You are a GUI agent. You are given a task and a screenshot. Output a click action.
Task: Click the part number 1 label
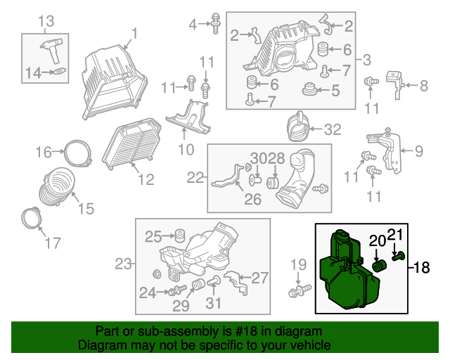point(134,34)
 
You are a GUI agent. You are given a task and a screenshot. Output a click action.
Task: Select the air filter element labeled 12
point(131,143)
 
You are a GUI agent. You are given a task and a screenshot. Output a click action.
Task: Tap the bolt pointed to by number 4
point(216,23)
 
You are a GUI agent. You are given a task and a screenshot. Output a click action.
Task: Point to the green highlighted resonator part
point(349,270)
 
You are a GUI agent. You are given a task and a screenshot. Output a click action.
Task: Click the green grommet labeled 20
point(379,266)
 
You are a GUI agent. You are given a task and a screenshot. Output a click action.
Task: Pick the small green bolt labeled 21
point(399,256)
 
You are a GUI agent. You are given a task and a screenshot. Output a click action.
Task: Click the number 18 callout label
point(421,268)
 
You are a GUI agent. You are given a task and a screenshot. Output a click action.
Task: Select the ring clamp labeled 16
point(77,153)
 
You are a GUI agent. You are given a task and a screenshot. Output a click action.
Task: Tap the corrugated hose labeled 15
point(57,186)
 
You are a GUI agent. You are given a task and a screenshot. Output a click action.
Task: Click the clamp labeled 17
point(32,219)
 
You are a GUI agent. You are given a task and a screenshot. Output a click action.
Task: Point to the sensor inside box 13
point(51,49)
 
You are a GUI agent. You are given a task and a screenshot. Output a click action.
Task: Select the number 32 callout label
point(333,129)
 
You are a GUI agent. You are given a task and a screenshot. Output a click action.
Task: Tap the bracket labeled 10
point(188,117)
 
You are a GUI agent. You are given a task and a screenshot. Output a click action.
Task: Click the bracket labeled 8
point(395,84)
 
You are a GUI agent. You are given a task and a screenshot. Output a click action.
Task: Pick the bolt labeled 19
point(300,290)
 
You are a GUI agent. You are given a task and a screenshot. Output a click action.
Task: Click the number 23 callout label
point(124,264)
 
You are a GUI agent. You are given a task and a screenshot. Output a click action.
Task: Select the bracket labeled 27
point(236,282)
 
